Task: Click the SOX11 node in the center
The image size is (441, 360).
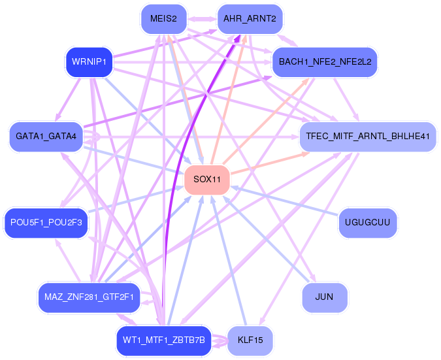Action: (x=206, y=180)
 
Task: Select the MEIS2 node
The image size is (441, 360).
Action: (x=163, y=19)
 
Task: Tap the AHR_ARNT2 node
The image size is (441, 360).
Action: (x=249, y=19)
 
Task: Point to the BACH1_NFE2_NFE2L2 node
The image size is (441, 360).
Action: (x=325, y=62)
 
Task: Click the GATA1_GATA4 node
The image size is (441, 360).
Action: (x=46, y=137)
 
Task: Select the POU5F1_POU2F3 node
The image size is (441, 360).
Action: (x=46, y=223)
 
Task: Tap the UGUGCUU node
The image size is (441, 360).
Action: (x=368, y=223)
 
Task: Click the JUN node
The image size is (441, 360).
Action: (x=324, y=297)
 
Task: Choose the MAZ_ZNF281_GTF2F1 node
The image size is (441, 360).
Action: (x=89, y=297)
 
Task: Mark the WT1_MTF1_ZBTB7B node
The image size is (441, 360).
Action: (x=163, y=340)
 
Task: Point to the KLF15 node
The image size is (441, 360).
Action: (x=250, y=340)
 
